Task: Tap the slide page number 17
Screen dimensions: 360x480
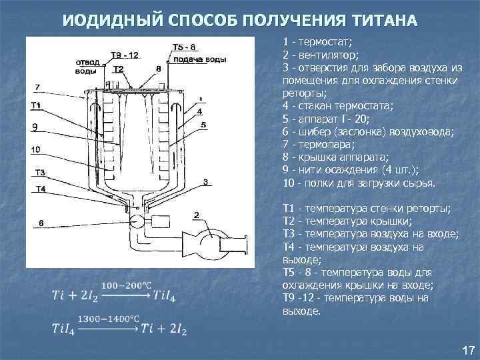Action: coord(467,350)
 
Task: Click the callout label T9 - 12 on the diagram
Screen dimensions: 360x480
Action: coord(124,55)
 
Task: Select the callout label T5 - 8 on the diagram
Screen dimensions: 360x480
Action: coord(184,47)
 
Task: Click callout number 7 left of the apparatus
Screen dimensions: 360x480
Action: coord(37,87)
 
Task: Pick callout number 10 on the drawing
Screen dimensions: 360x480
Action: coord(36,149)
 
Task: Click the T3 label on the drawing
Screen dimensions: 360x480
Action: coord(40,173)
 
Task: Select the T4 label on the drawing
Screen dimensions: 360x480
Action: coord(40,189)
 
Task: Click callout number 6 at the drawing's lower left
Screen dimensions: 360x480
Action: coord(40,223)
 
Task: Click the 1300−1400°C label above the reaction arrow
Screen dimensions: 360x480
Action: coord(109,319)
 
